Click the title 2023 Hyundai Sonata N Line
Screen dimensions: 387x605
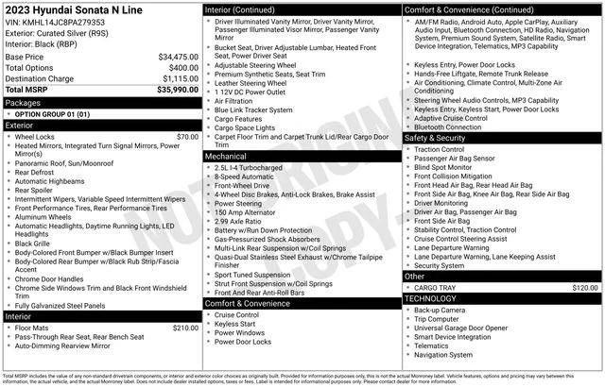click(x=72, y=8)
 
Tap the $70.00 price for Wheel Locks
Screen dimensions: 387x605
click(x=187, y=137)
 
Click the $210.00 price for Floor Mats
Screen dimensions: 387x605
click(x=185, y=328)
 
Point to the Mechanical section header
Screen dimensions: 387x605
click(x=227, y=156)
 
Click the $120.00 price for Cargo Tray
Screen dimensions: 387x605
click(x=585, y=287)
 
